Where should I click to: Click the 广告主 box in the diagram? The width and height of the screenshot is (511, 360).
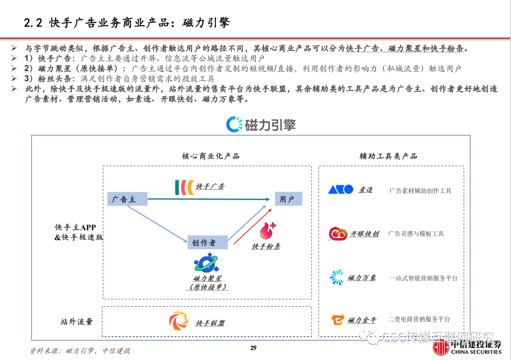127,199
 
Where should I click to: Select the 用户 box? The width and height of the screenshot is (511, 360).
288,199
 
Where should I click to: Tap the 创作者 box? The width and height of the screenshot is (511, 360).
207,243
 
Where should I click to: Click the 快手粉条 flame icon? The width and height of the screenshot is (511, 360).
267,231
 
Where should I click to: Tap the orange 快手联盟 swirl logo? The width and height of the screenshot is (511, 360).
179,322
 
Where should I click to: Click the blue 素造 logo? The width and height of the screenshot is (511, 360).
341,189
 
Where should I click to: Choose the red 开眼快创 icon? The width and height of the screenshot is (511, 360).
338,233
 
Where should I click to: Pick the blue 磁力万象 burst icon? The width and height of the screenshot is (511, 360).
337,278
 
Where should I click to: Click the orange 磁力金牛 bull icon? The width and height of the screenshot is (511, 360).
338,320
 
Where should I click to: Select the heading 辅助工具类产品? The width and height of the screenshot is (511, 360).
388,156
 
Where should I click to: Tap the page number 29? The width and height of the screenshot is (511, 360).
253,349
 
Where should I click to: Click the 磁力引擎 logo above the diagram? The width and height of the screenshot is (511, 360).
261,124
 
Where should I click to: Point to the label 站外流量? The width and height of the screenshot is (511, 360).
77,322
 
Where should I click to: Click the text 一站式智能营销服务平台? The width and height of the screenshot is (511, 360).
423,278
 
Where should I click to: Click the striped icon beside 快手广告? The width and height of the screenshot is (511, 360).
184,186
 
